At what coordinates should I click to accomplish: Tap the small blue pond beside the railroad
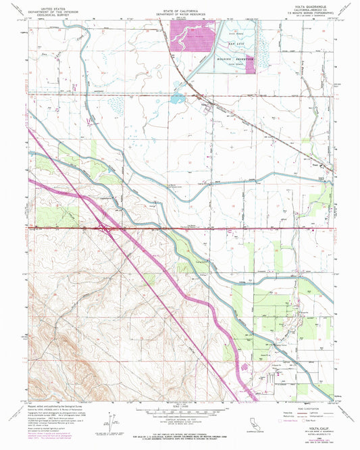pos(177,99)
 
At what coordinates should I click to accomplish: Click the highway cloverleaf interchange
pos(107,228)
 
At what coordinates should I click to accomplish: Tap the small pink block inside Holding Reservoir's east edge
pos(255,59)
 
